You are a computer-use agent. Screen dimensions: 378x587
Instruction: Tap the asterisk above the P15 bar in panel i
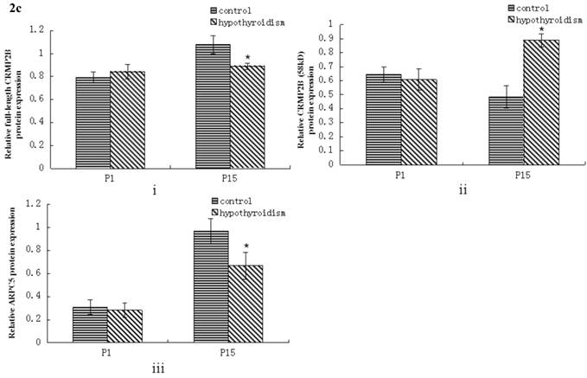tap(247, 57)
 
